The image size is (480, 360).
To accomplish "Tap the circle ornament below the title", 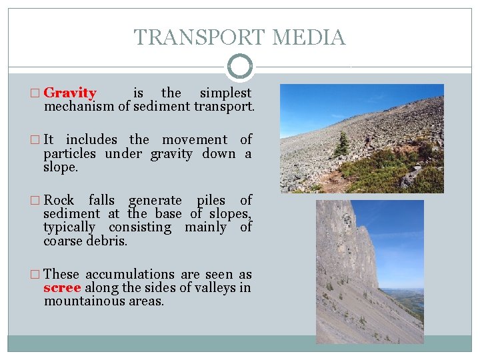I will [240, 67].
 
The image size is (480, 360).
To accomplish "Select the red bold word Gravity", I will [70, 93].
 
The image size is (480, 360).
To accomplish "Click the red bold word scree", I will [62, 288].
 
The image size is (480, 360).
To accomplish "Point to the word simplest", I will [226, 93].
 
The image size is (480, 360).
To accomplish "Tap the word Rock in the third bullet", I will [59, 200].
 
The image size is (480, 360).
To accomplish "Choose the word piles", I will [211, 200].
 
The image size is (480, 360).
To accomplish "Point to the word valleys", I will [209, 288].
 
